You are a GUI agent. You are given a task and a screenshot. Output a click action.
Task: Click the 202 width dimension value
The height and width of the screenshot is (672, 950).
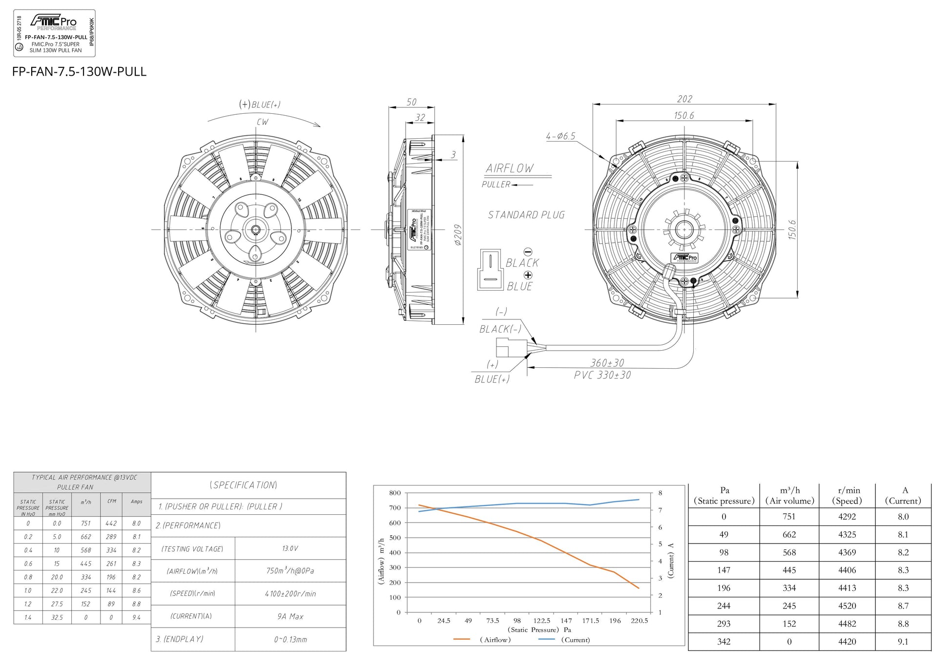(684, 99)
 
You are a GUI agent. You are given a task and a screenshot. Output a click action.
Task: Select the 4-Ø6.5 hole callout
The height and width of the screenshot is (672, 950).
(560, 136)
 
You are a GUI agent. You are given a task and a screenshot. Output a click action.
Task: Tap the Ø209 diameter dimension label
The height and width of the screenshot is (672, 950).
(457, 235)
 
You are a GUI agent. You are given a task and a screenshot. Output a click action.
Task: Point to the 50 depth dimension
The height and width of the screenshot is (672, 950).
(412, 102)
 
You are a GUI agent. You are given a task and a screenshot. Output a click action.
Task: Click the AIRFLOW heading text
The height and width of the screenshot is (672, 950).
(510, 168)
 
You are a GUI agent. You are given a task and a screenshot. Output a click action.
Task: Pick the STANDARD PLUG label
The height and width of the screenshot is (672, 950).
(526, 215)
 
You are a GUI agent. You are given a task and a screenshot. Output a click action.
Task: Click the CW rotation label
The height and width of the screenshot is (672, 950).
(262, 122)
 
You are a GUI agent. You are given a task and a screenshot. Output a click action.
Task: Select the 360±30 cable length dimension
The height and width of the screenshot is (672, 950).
(607, 363)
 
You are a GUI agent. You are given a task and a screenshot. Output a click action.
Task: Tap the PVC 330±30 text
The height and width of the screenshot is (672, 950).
(602, 375)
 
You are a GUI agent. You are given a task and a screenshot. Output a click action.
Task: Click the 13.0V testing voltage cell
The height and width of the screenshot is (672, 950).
(290, 548)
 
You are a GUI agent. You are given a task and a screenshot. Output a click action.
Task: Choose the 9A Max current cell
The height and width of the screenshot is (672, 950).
(290, 616)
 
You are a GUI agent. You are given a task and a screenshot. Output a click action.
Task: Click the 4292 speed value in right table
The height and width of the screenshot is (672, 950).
(847, 517)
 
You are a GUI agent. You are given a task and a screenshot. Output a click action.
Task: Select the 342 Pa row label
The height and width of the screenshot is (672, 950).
(723, 642)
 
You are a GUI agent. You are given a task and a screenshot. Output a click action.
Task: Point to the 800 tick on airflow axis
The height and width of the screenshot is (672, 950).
(394, 493)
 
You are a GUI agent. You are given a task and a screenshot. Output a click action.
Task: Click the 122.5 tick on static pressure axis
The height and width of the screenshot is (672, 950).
(542, 621)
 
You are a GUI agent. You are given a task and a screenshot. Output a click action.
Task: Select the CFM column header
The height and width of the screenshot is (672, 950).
(112, 501)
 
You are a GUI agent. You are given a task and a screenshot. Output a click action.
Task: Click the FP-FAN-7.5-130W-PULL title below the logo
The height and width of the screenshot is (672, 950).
(79, 72)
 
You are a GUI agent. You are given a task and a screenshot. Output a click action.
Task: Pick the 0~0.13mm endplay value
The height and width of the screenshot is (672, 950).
(290, 639)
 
